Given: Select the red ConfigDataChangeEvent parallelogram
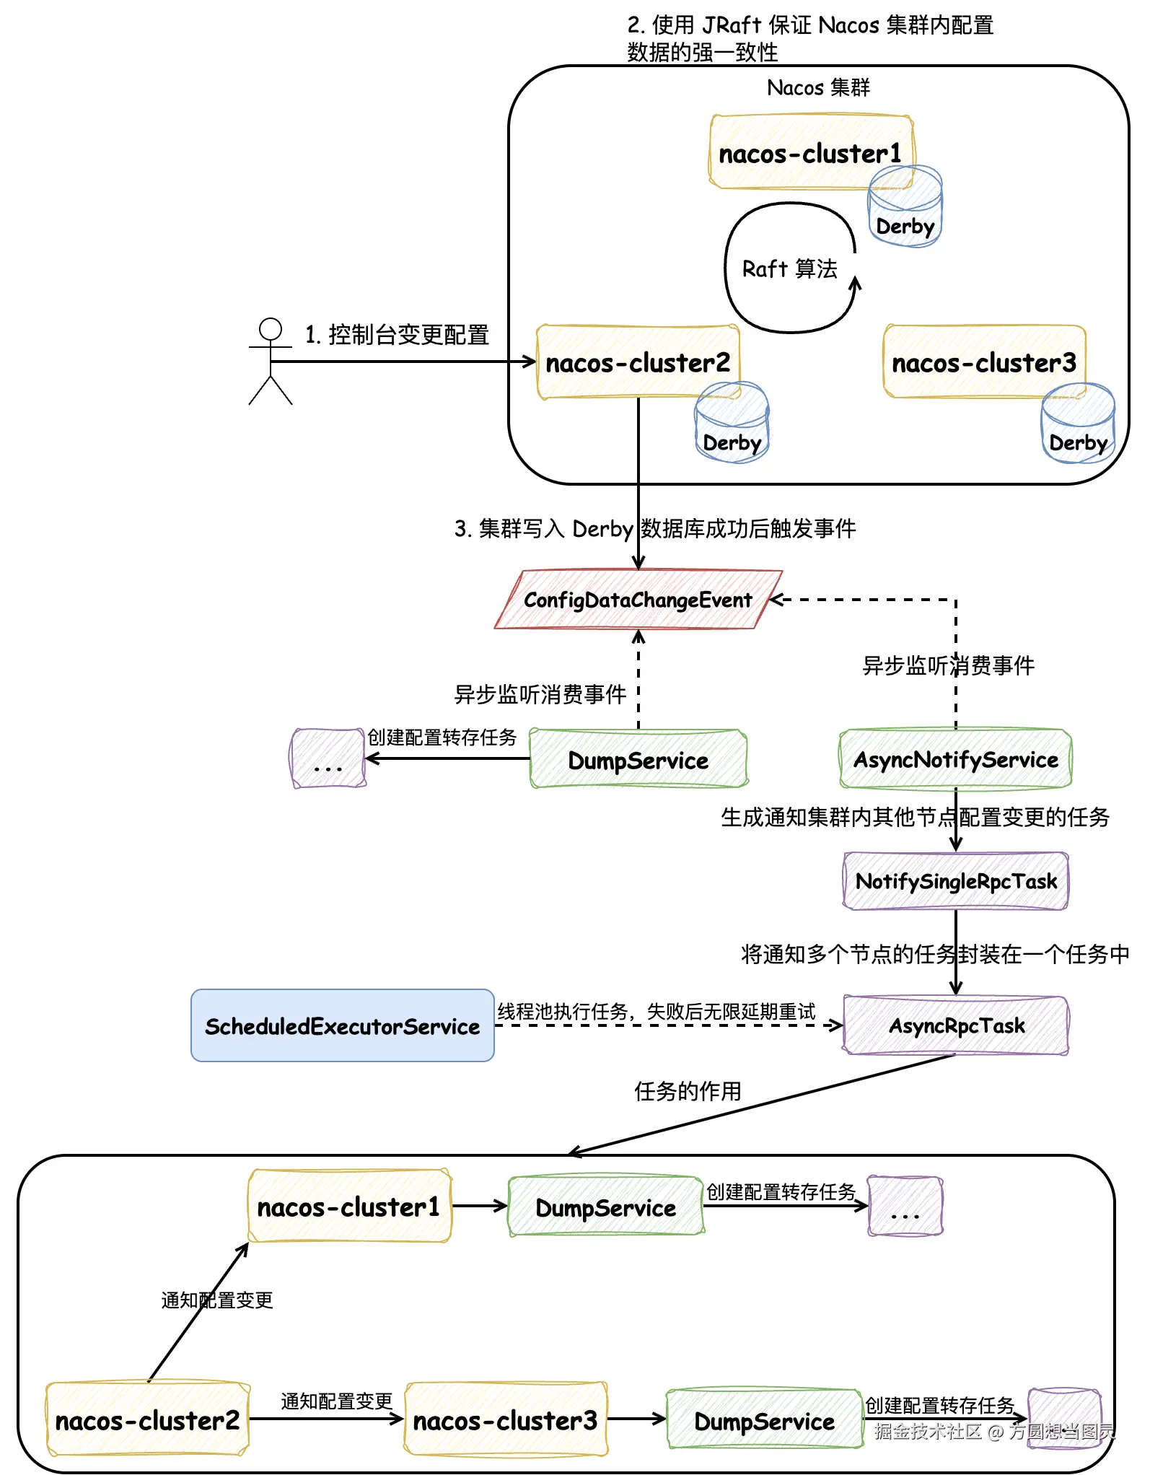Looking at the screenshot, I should click(x=638, y=600).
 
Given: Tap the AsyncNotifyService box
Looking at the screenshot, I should click(x=956, y=759).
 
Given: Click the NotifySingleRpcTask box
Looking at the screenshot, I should click(x=956, y=881).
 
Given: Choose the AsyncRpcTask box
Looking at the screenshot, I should click(x=956, y=1025).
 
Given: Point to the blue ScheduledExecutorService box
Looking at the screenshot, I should click(x=343, y=1025).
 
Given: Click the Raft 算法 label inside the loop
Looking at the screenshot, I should click(x=790, y=269).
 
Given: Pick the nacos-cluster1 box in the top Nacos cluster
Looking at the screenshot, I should click(x=811, y=153).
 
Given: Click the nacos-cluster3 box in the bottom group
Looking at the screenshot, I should click(x=506, y=1420).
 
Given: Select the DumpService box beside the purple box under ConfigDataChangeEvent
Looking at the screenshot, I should click(x=638, y=759).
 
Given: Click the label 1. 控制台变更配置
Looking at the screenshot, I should click(x=397, y=335).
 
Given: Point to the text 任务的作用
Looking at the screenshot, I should click(x=688, y=1091).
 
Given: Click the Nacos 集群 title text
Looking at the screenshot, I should click(x=818, y=88).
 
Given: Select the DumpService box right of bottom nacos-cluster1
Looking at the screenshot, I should click(x=606, y=1207).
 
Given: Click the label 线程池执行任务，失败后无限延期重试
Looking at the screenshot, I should click(x=656, y=1012).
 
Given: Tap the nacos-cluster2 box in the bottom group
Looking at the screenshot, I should click(x=148, y=1420).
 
